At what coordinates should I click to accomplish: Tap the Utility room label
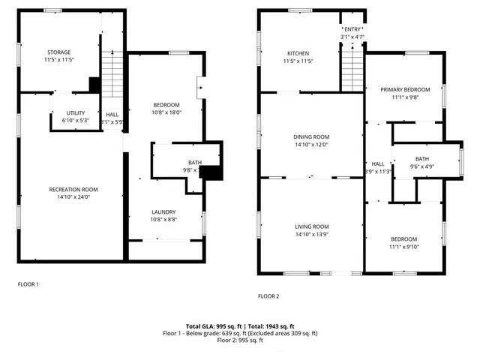click(75, 112)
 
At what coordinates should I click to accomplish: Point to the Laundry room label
click(163, 212)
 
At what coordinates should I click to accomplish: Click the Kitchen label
click(298, 52)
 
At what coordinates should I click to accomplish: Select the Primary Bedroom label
click(404, 88)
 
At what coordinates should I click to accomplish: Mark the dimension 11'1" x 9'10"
click(404, 246)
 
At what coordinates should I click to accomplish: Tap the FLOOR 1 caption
click(28, 284)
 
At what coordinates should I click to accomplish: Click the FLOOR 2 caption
click(268, 296)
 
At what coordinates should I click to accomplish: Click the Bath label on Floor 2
click(422, 159)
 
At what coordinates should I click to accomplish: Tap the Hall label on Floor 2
click(378, 163)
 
